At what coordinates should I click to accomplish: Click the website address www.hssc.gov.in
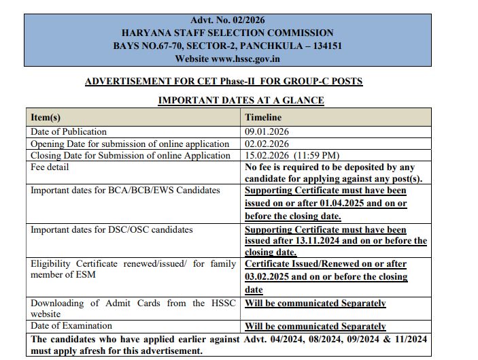pyautogui.click(x=245, y=59)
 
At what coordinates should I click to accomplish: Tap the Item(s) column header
pyautogui.click(x=46, y=118)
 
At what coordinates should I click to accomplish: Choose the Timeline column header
pyautogui.click(x=263, y=118)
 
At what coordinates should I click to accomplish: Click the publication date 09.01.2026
pyautogui.click(x=267, y=131)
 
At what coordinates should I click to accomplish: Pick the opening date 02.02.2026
pyautogui.click(x=267, y=144)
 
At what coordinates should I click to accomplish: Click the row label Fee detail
pyautogui.click(x=50, y=167)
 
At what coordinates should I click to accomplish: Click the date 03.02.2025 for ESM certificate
pyautogui.click(x=267, y=277)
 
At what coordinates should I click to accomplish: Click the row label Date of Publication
pyautogui.click(x=69, y=131)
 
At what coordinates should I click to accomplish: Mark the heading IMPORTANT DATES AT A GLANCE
pyautogui.click(x=241, y=100)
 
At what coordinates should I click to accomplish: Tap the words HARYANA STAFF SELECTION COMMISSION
pyautogui.click(x=228, y=33)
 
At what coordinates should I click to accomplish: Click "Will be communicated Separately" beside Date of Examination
pyautogui.click(x=315, y=326)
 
